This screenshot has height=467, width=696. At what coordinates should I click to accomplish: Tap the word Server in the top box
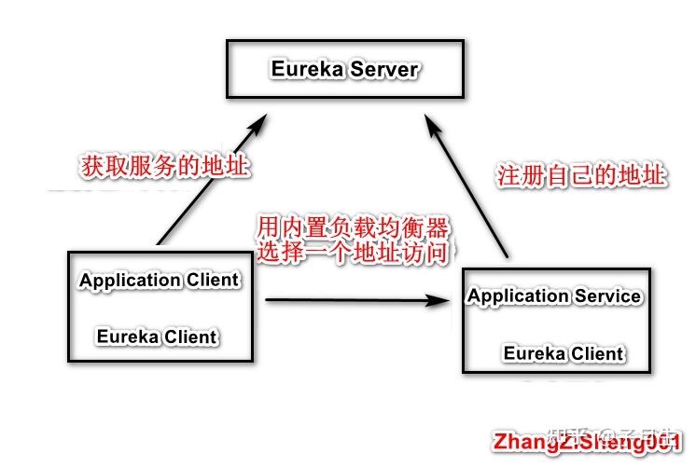tap(384, 69)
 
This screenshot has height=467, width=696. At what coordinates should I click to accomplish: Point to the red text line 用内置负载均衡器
tap(354, 227)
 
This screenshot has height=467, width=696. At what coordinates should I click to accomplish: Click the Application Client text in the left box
tap(159, 280)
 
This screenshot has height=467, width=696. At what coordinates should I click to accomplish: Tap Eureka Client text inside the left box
tap(157, 337)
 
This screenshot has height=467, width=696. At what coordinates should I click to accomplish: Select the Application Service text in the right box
tap(554, 296)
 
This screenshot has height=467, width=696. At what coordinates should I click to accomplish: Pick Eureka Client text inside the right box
tap(564, 353)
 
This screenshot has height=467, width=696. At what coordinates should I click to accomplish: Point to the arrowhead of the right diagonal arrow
tap(432, 122)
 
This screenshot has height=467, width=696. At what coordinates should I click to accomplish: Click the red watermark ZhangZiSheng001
tap(589, 441)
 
